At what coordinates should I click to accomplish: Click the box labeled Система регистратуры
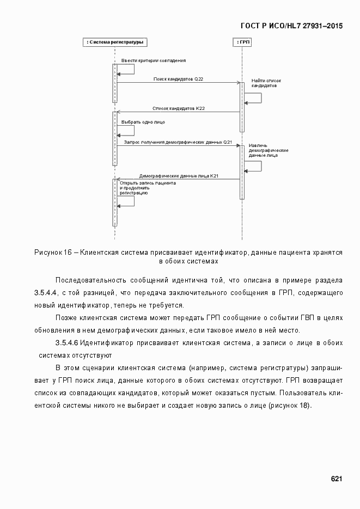point(115,42)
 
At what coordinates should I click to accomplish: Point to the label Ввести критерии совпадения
point(153,60)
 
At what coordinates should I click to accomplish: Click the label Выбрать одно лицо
point(139,122)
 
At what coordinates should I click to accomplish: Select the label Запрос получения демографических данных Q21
point(178,142)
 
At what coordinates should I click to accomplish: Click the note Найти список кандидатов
point(265,83)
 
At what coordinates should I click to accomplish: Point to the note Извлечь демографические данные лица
point(268,150)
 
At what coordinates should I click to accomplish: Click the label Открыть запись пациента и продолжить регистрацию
point(147,188)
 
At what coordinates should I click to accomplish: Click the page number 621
point(336,479)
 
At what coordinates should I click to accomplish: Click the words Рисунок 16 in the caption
point(53,253)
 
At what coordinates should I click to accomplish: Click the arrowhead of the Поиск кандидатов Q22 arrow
point(238,83)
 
